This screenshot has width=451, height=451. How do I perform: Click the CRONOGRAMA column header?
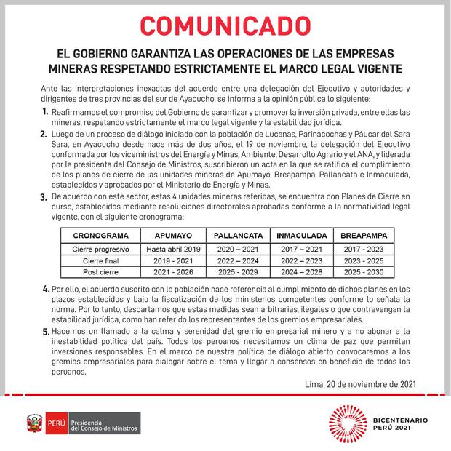pyautogui.click(x=100, y=236)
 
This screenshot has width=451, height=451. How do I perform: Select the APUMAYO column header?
pyautogui.click(x=174, y=236)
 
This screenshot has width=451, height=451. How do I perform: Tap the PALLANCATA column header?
pyautogui.click(x=237, y=236)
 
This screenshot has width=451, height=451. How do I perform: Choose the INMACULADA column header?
pyautogui.click(x=300, y=236)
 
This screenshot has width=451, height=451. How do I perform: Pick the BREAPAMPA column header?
pyautogui.click(x=364, y=236)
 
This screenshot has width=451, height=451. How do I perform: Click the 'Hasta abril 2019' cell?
pyautogui.click(x=174, y=248)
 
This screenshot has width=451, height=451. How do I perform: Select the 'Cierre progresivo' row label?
pyautogui.click(x=100, y=248)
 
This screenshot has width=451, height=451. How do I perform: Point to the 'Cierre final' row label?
pyautogui.click(x=100, y=260)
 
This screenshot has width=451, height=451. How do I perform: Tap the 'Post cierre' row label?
pyautogui.click(x=100, y=271)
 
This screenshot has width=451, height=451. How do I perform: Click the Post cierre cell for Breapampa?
pyautogui.click(x=364, y=271)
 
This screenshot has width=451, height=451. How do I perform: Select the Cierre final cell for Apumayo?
pyautogui.click(x=174, y=260)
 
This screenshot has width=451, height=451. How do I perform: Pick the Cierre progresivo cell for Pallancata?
pyautogui.click(x=237, y=248)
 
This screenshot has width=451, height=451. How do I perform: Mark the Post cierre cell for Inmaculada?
pyautogui.click(x=300, y=271)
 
